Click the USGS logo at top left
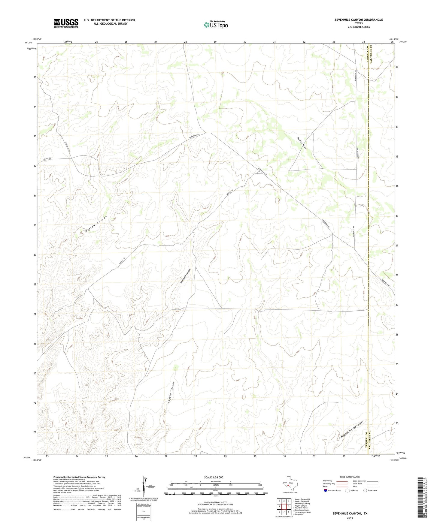pos(66,23)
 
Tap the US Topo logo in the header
pos(216,25)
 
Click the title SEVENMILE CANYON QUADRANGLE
pos(359,20)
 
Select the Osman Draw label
pos(302,143)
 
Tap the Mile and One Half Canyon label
pos(352,430)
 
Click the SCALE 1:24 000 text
pos(214,477)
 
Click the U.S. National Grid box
pos(143,512)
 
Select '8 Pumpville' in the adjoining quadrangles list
pos(299,514)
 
